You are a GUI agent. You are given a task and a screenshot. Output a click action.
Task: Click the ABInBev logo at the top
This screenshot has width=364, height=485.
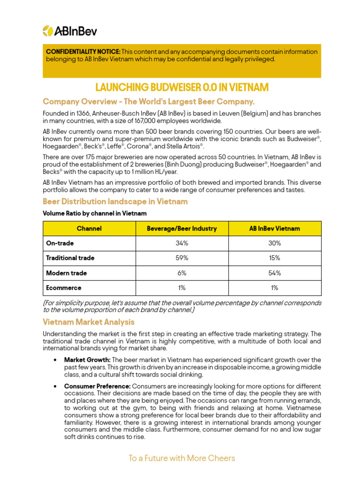click(70, 31)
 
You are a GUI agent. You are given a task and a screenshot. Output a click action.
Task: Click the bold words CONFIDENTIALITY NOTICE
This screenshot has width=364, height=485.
click(83, 52)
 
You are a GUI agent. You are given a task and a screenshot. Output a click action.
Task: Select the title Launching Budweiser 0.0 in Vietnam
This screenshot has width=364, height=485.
click(182, 87)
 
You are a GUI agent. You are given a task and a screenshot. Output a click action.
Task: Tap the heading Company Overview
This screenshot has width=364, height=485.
click(148, 101)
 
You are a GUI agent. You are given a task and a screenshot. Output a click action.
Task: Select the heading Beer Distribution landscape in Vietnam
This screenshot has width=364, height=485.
click(115, 201)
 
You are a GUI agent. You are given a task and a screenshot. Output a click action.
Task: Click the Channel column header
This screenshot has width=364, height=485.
click(89, 228)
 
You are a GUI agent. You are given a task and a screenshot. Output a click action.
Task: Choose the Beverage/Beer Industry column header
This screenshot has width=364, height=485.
click(182, 228)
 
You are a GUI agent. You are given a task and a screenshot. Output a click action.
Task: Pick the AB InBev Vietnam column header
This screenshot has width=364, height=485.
click(274, 228)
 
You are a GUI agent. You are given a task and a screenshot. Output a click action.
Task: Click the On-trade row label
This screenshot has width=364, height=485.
click(60, 243)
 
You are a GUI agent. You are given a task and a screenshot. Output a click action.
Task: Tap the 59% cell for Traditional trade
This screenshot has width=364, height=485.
click(182, 258)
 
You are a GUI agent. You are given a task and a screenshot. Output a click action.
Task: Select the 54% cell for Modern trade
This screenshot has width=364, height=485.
click(274, 273)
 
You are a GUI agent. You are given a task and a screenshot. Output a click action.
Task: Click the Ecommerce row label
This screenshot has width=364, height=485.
click(64, 287)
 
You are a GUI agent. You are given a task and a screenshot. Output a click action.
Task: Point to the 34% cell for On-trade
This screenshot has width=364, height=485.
click(182, 243)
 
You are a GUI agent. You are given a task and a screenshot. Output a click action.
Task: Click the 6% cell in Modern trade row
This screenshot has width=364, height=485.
click(182, 273)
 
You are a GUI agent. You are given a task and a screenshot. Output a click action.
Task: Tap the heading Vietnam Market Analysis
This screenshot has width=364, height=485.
click(89, 322)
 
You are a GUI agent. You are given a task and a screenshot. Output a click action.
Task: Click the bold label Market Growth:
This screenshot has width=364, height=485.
click(87, 360)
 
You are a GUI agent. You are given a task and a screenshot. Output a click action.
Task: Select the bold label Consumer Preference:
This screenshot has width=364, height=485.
click(97, 386)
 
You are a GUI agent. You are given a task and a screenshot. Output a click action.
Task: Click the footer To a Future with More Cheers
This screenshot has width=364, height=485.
click(182, 458)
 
